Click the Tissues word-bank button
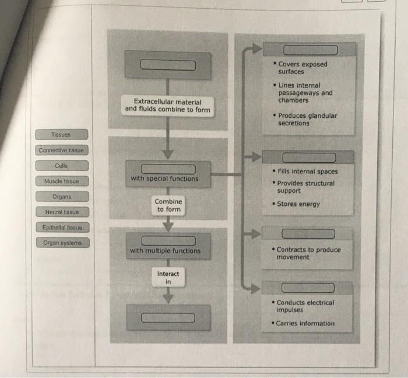[61, 135]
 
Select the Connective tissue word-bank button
[61, 150]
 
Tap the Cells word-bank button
[61, 166]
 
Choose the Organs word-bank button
[62, 197]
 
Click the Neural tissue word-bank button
[62, 212]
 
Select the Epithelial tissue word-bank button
[62, 228]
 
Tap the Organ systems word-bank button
[62, 243]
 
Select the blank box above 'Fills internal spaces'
[309, 157]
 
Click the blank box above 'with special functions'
[167, 169]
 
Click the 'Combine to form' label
[168, 205]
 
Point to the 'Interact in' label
[168, 277]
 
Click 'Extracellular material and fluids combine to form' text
[167, 106]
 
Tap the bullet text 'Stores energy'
[298, 204]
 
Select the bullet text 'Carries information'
[305, 323]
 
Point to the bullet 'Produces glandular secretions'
[307, 119]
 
